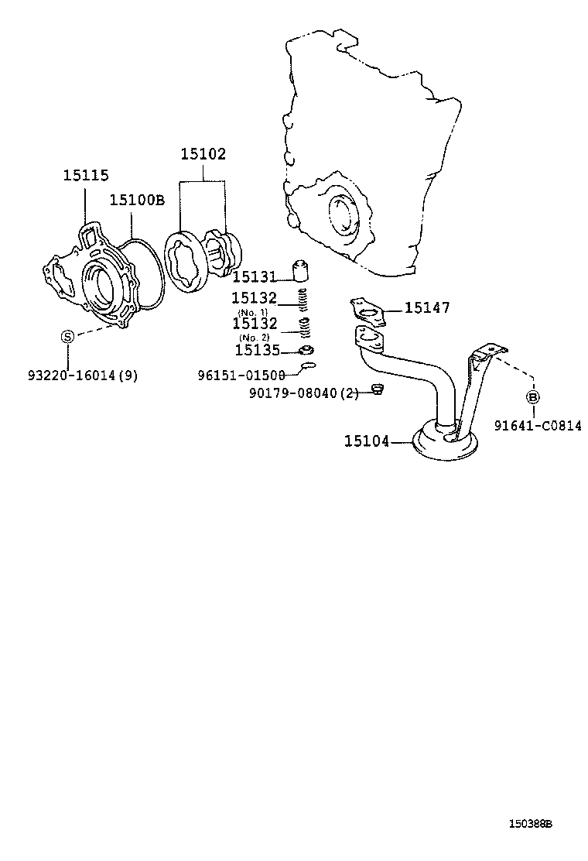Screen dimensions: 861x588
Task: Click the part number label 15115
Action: (x=86, y=177)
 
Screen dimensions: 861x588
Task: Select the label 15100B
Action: (x=137, y=200)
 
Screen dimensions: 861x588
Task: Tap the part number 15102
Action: (x=203, y=154)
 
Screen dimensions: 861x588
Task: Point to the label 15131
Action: (x=255, y=276)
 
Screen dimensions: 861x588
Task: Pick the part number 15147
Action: (x=427, y=308)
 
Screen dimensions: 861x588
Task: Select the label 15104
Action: (x=367, y=441)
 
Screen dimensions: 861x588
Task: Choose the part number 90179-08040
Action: (x=295, y=393)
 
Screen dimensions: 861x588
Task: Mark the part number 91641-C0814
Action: (x=538, y=425)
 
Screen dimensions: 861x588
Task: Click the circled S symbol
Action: (x=67, y=336)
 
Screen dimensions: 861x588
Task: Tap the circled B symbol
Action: (x=533, y=397)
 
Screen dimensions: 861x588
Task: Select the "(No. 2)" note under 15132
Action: (x=252, y=338)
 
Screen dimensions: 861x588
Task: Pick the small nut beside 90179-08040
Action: (x=378, y=388)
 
